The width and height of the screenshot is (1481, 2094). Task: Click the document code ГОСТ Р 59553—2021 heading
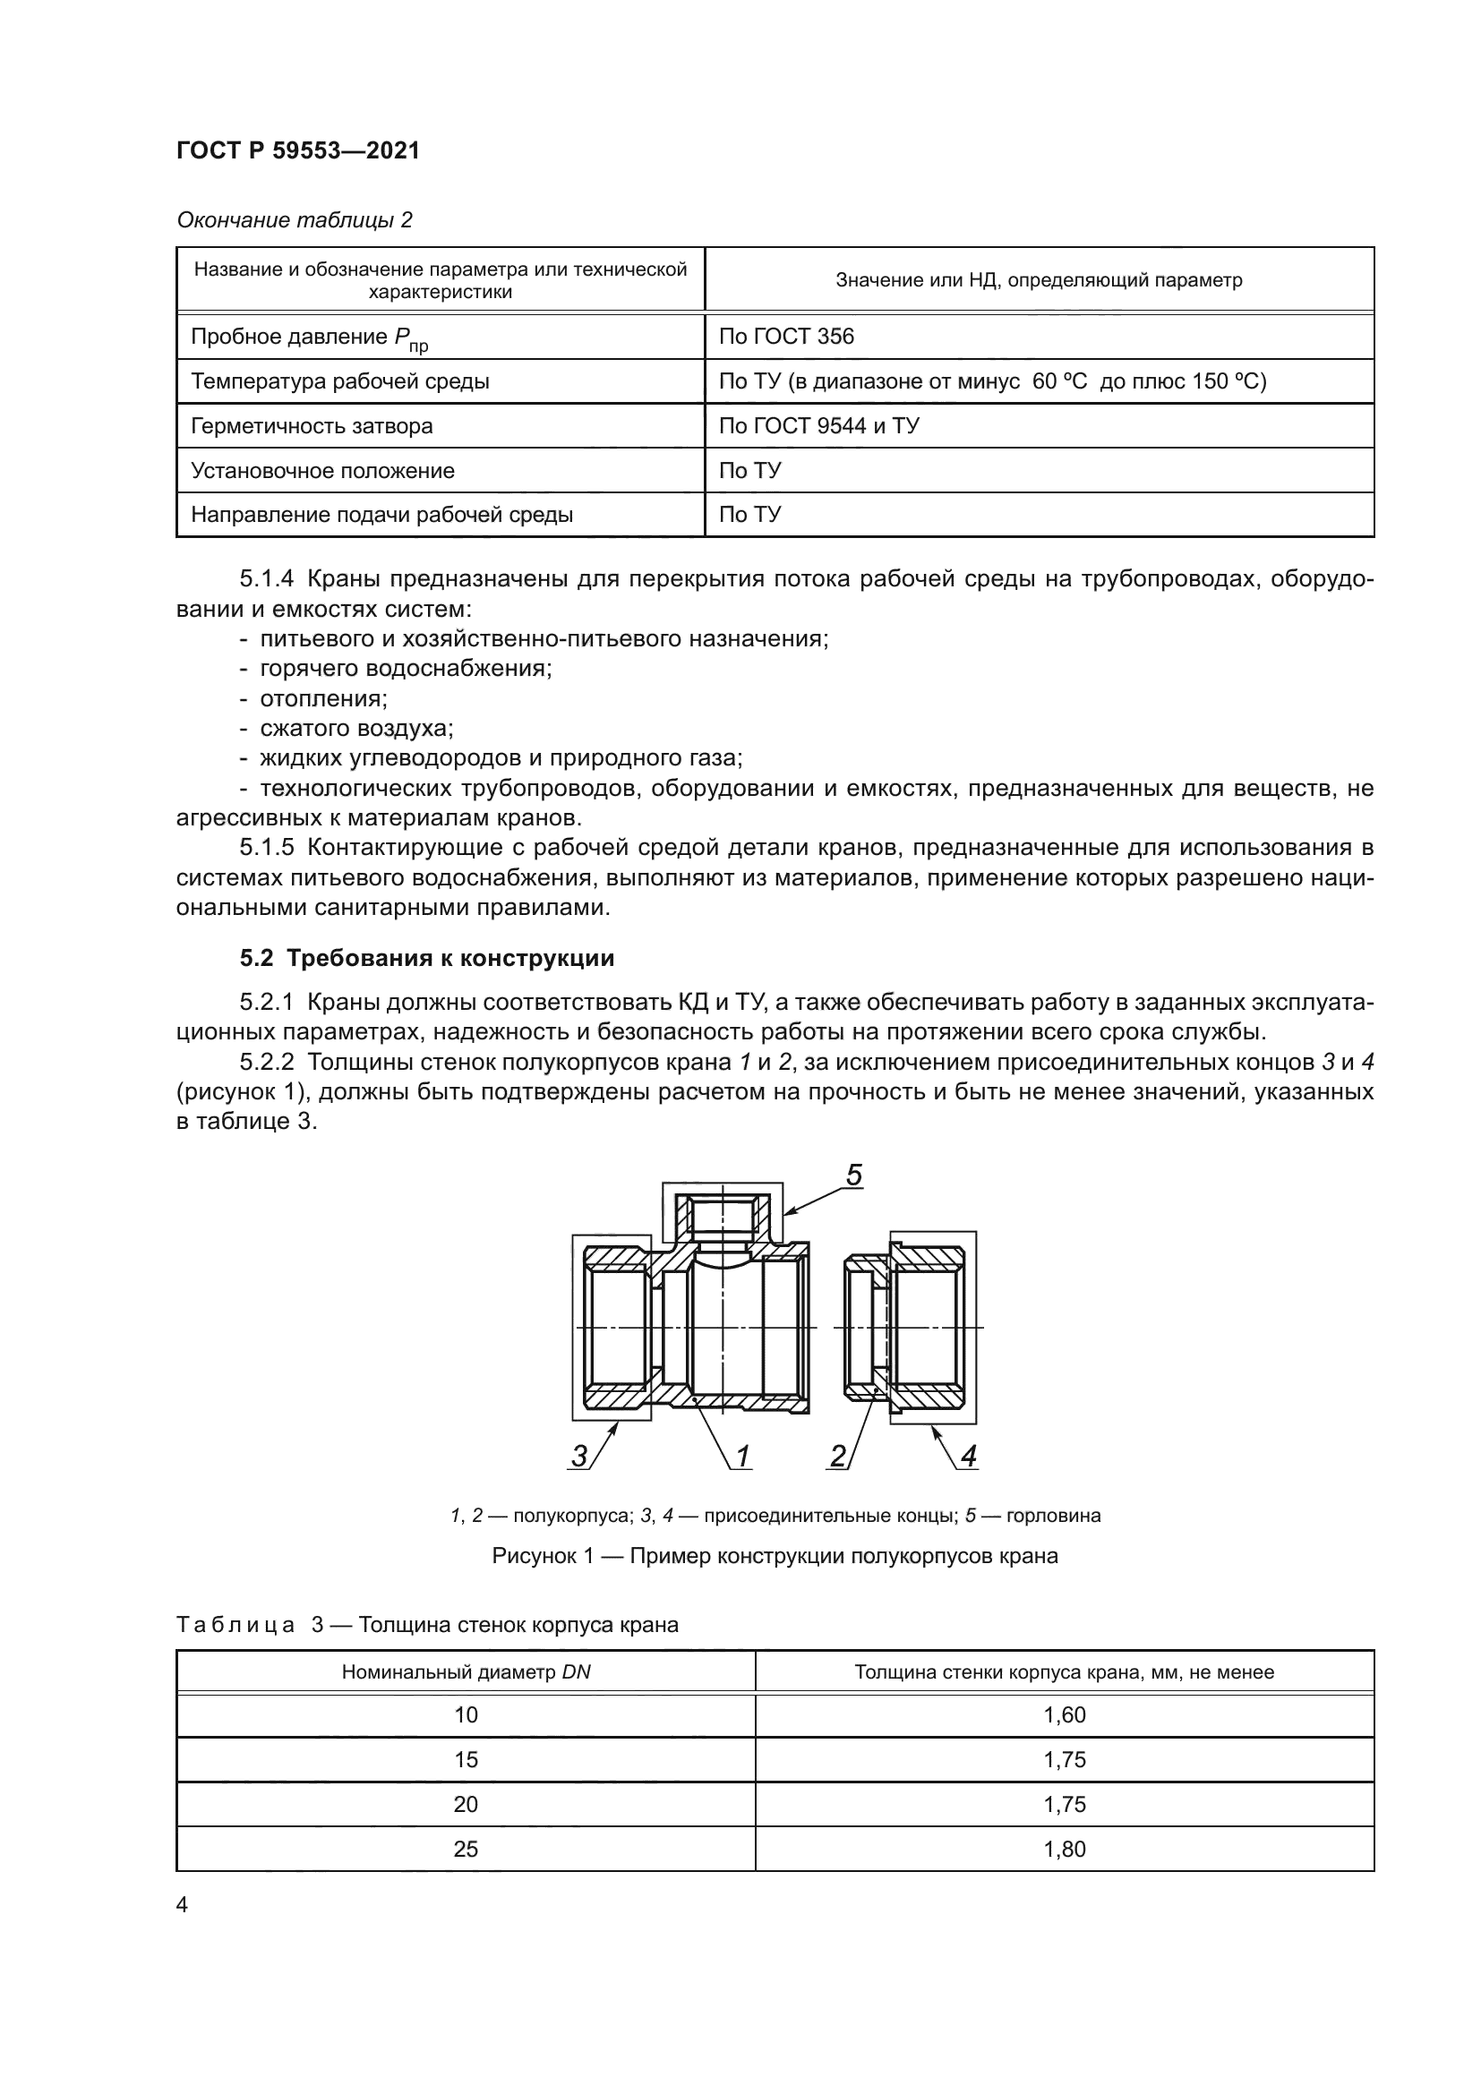coord(297,150)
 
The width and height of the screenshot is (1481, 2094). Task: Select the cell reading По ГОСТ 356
coord(786,337)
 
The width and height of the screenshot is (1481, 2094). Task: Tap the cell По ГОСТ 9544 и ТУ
coord(818,426)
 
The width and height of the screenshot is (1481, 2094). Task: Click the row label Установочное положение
coord(322,471)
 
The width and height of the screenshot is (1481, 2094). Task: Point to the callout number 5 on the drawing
coord(853,1175)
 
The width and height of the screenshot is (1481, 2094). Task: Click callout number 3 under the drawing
coord(579,1457)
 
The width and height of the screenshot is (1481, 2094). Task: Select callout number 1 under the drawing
coord(742,1457)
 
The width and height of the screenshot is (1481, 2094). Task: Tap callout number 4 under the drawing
coord(969,1457)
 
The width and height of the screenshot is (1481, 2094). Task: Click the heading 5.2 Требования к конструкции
coord(427,958)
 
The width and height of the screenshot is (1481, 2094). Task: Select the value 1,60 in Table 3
coord(1065,1714)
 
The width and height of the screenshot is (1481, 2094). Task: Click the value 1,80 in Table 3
coord(1065,1849)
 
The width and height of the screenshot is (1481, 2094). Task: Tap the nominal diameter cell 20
coord(466,1804)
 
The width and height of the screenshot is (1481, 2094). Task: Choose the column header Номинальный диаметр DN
coord(466,1671)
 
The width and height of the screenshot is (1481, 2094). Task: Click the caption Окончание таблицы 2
coord(294,220)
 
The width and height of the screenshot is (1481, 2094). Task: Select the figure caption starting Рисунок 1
coord(775,1556)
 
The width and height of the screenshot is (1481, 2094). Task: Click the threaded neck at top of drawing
coord(723,1217)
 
